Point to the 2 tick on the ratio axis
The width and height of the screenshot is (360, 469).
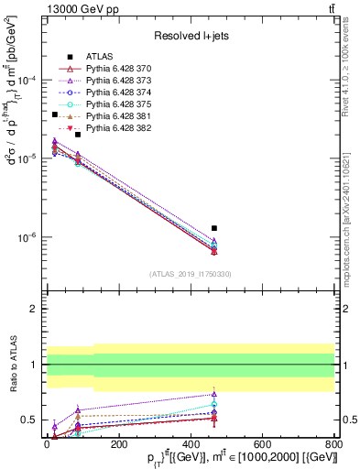[36, 309]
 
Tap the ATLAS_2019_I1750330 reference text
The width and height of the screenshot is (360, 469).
[191, 274]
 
